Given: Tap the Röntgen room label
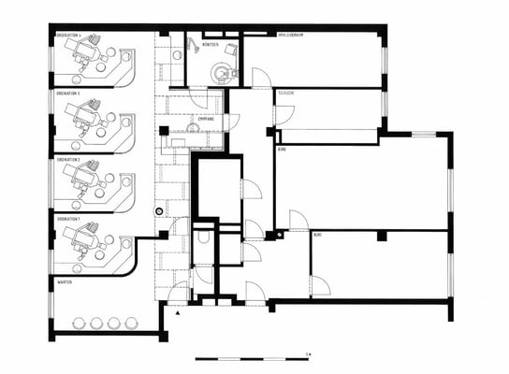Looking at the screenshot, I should [211, 44].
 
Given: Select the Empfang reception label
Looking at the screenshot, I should [206, 120].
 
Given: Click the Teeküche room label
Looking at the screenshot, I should [284, 94].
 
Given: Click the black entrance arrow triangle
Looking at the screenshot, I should [177, 313].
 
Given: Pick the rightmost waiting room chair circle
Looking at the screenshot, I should [130, 323].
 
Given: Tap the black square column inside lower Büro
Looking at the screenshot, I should [381, 236].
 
